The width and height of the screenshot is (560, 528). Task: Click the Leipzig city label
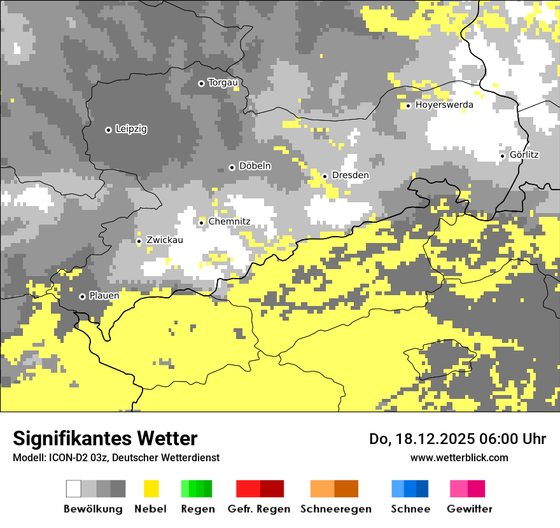[x=131, y=129]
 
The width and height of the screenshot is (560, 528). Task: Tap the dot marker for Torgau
[x=201, y=83]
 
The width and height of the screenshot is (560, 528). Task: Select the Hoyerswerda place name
[x=444, y=105]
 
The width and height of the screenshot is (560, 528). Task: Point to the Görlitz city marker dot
[x=502, y=156]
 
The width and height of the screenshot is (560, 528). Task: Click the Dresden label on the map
[x=350, y=176]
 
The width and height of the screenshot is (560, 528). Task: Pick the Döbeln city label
[x=255, y=166]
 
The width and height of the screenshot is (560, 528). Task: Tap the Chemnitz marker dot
[x=202, y=223]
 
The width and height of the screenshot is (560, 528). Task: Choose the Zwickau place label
[x=164, y=240]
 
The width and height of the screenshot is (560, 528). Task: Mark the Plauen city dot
[x=82, y=296]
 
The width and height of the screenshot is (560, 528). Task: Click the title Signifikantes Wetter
[x=105, y=439]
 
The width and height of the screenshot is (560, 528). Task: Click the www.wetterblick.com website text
[x=459, y=457]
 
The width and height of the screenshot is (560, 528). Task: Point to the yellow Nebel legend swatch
[x=151, y=489]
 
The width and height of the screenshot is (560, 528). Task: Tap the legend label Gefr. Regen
[x=258, y=509]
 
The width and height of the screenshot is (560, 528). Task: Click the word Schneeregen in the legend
[x=335, y=509]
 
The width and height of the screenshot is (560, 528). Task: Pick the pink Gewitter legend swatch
[x=468, y=489]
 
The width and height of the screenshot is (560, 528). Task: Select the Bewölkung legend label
[x=93, y=509]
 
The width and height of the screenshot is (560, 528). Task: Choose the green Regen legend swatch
[x=197, y=489]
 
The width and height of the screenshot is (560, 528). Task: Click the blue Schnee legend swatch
[x=410, y=489]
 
